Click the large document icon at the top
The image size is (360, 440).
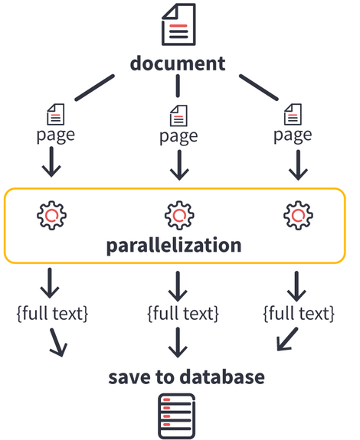pyautogui.click(x=178, y=24)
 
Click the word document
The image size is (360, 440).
pyautogui.click(x=178, y=64)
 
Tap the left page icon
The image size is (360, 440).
pyautogui.click(x=56, y=114)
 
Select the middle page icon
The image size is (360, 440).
pyautogui.click(x=178, y=116)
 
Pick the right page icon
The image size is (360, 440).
pyautogui.click(x=293, y=114)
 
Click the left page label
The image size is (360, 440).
pyautogui.click(x=56, y=135)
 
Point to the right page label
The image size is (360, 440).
pyautogui.click(x=293, y=135)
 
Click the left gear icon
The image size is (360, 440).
pyautogui.click(x=51, y=216)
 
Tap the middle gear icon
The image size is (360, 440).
pyautogui.click(x=179, y=216)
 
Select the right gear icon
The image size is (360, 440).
pyautogui.click(x=298, y=216)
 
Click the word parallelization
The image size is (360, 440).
pyautogui.click(x=174, y=246)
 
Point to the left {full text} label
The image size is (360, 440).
pyautogui.click(x=53, y=314)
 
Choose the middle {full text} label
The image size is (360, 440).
pyautogui.click(x=183, y=314)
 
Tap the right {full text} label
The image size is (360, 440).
pyautogui.click(x=299, y=314)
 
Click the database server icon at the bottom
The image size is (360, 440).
pyautogui.click(x=177, y=416)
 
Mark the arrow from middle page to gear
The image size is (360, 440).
pyautogui.click(x=179, y=165)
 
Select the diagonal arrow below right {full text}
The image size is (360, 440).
pyautogui.click(x=287, y=339)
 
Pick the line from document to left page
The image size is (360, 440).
pyautogui.click(x=95, y=87)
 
